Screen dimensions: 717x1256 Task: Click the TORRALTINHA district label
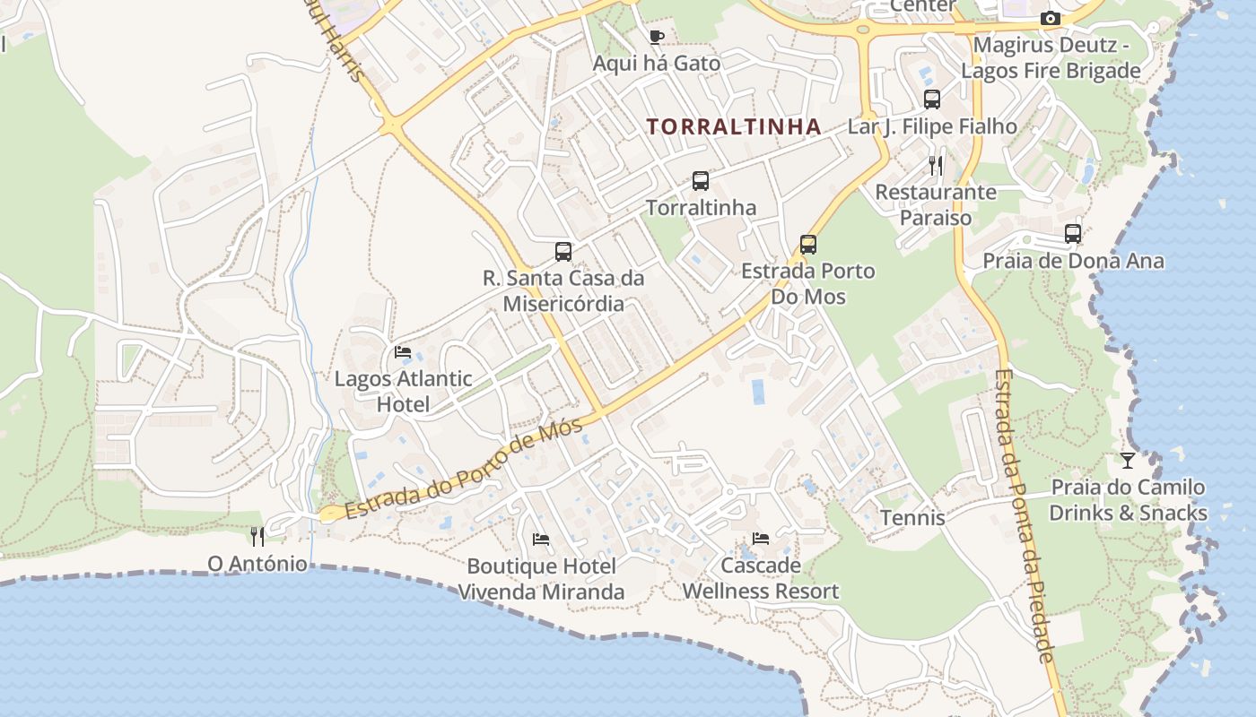coord(734,126)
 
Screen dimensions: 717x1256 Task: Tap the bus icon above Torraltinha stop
coord(701,181)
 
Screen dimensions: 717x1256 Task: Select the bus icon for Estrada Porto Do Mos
coord(808,244)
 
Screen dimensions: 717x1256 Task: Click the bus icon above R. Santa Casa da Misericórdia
coord(563,252)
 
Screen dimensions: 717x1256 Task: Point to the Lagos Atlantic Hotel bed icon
coord(403,352)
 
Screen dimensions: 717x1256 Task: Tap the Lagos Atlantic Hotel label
coord(403,391)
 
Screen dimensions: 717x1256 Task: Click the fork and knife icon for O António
coord(257,536)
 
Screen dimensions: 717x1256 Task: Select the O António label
coord(257,564)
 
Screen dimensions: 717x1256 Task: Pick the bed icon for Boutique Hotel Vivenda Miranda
coord(541,540)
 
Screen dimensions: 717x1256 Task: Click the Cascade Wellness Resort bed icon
coord(761,539)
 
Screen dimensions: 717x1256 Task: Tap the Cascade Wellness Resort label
coord(761,578)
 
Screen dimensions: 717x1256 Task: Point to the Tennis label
coord(912,517)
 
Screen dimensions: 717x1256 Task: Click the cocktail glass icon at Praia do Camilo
coord(1128,461)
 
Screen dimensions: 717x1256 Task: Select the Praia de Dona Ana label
coord(1073,261)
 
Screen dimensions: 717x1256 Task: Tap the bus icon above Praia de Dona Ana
coord(1073,234)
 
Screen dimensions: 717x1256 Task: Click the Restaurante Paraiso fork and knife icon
coord(936,165)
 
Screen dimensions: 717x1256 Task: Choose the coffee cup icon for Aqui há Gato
coord(657,37)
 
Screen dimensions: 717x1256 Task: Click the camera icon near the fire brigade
coord(1050,18)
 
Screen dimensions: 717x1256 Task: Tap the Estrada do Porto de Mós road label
coord(464,469)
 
